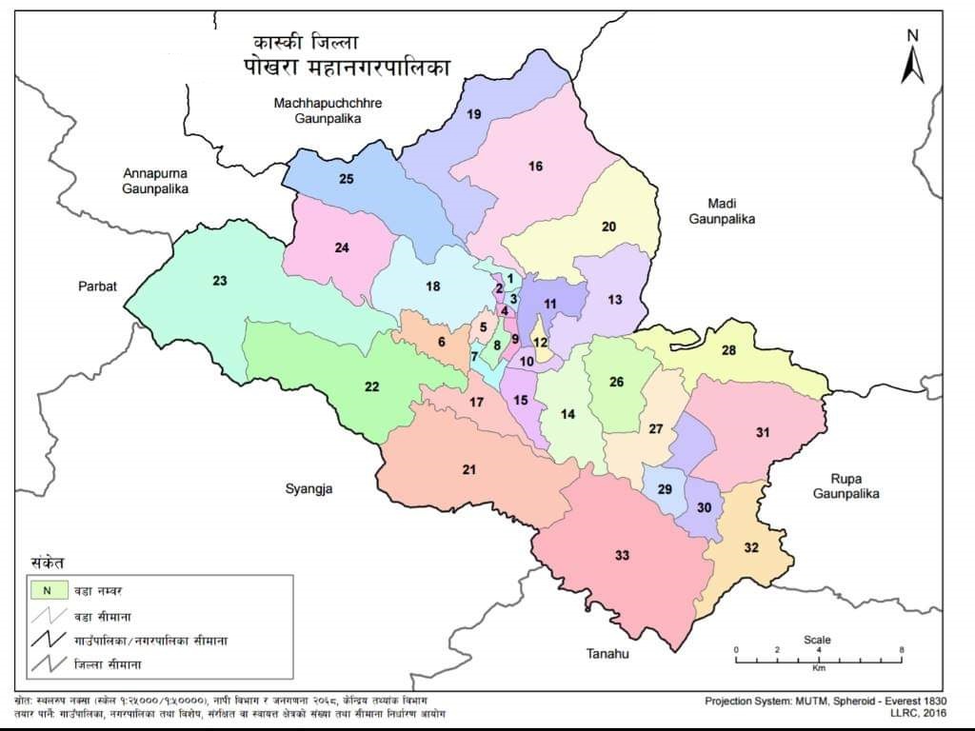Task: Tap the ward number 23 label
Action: (x=220, y=281)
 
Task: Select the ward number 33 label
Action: (x=622, y=555)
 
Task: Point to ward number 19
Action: (x=473, y=114)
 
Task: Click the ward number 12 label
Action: (x=540, y=343)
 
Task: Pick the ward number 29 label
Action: (x=665, y=488)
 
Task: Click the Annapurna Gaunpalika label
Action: (x=155, y=181)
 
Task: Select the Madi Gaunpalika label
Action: (x=730, y=210)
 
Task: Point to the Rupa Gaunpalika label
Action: (x=846, y=486)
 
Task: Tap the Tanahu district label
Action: (x=608, y=654)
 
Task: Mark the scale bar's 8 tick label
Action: (x=901, y=649)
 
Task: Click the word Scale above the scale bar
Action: (x=817, y=640)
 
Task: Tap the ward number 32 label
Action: (x=752, y=547)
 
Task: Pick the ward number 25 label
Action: (x=347, y=179)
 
